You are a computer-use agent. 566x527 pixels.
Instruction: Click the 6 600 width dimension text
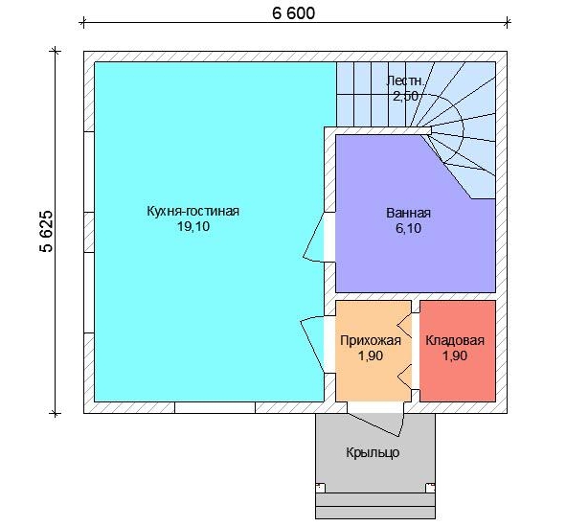(x=293, y=13)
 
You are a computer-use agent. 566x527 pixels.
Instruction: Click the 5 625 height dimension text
(x=47, y=231)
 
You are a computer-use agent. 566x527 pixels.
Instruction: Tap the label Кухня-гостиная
(x=192, y=211)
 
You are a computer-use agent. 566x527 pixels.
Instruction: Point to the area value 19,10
(x=193, y=227)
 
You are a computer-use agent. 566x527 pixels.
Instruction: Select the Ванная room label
(x=408, y=213)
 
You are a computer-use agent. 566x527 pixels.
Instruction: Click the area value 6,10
(x=408, y=228)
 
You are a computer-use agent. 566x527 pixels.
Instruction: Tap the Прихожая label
(x=371, y=340)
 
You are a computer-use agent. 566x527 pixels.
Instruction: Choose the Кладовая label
(x=455, y=340)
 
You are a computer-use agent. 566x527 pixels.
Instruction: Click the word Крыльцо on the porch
(x=373, y=452)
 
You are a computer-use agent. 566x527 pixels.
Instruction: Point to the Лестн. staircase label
(x=405, y=80)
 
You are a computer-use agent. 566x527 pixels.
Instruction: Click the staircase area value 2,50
(x=405, y=96)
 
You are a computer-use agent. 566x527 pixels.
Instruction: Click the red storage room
(x=458, y=351)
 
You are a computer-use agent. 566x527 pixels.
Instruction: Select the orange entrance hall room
(x=374, y=351)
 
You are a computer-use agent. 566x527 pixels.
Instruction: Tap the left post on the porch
(x=321, y=489)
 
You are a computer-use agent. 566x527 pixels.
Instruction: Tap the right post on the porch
(x=430, y=489)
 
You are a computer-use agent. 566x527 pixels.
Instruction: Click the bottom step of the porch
(x=375, y=513)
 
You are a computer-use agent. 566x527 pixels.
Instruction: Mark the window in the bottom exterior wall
(x=215, y=407)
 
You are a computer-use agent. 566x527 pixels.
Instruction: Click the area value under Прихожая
(x=371, y=355)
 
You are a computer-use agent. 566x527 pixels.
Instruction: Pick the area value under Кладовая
(x=455, y=355)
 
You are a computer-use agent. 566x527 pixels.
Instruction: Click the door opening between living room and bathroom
(x=329, y=237)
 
